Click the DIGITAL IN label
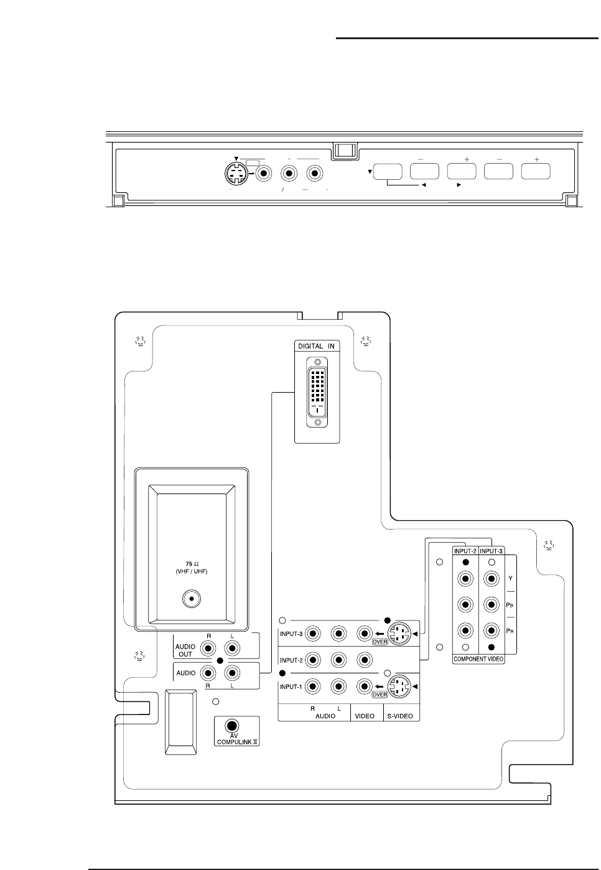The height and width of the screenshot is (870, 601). pos(317,346)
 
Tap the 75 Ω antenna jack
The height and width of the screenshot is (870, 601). pos(192,599)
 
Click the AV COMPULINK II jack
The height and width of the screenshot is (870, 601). pos(232,726)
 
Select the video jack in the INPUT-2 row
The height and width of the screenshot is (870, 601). pos(364,660)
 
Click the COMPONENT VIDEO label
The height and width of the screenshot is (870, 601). pos(478,658)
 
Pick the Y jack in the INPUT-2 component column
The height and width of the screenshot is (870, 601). pos(465,579)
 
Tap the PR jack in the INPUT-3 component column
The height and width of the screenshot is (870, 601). pos(492,630)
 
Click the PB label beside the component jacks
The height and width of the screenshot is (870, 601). pos(510,604)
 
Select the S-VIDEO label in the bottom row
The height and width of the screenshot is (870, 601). pos(401,716)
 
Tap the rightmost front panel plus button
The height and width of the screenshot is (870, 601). pos(536,172)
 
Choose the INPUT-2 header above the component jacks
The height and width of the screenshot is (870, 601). pos(465,551)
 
